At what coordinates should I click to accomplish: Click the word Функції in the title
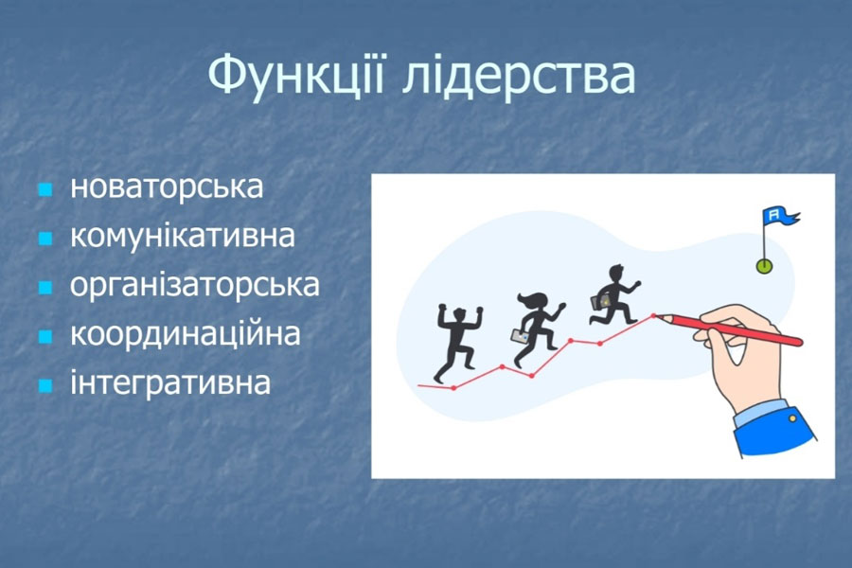(x=296, y=75)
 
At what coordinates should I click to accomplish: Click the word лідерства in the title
(x=519, y=75)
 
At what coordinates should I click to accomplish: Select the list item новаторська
(x=167, y=186)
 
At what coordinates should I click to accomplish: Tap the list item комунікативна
(x=183, y=237)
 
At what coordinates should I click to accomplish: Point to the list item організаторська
(x=195, y=285)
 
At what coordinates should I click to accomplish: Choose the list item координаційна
(x=186, y=334)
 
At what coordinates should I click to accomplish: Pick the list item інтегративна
(x=170, y=382)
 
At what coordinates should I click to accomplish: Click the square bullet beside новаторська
(x=45, y=189)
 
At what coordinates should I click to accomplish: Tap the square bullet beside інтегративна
(x=45, y=386)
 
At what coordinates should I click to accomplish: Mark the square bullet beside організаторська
(x=45, y=288)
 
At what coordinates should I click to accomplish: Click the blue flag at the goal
(x=780, y=216)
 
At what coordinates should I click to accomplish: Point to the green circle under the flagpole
(x=765, y=266)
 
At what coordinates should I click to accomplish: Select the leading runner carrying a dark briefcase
(x=615, y=295)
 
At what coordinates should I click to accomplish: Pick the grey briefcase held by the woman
(x=520, y=336)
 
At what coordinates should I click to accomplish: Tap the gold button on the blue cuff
(x=792, y=418)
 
